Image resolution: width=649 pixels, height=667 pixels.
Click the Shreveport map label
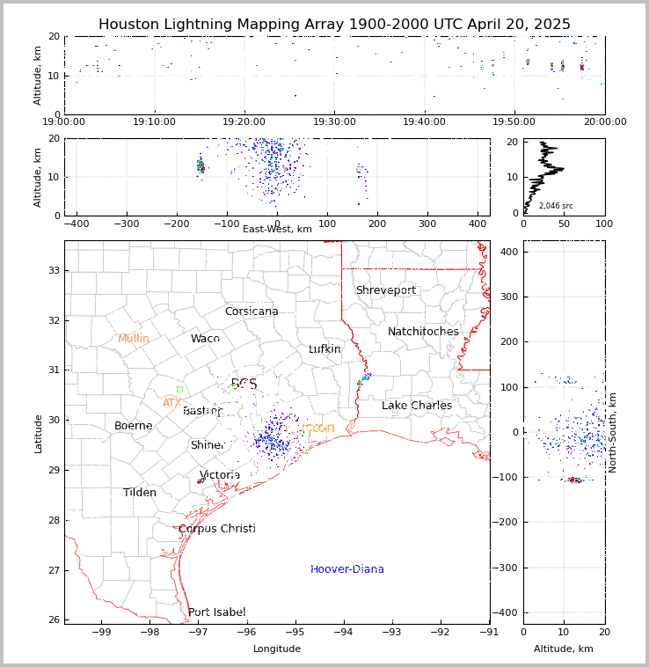click(385, 290)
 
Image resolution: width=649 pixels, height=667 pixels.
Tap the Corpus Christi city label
click(217, 529)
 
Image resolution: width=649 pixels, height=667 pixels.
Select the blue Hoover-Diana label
click(347, 569)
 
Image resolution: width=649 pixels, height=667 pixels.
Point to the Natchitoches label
click(423, 332)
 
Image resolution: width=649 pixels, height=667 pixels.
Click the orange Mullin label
click(134, 339)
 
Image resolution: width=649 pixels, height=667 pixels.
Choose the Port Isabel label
click(217, 612)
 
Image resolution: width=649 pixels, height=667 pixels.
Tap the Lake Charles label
click(417, 406)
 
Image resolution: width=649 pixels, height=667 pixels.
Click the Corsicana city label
click(252, 312)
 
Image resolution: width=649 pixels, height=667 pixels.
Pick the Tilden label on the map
click(140, 493)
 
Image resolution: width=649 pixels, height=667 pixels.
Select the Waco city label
click(205, 339)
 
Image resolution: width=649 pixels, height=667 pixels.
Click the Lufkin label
click(324, 349)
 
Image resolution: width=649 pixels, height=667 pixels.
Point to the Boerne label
click(134, 426)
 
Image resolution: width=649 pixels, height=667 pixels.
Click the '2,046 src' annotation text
click(556, 206)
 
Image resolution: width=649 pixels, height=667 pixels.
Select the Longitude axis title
click(277, 649)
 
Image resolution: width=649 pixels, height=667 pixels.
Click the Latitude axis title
click(38, 433)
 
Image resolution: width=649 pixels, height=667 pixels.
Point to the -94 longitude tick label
click(344, 631)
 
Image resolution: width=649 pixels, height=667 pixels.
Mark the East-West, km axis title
click(277, 229)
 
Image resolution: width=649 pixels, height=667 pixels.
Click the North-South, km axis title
click(613, 433)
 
